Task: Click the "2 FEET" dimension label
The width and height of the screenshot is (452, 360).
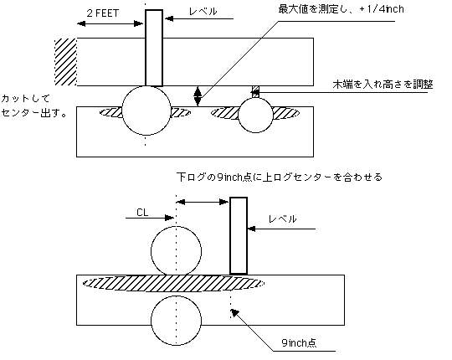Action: pos(103,13)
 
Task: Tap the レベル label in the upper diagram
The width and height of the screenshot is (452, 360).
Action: pos(203,12)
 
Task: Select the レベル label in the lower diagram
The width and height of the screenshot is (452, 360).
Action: pos(283,219)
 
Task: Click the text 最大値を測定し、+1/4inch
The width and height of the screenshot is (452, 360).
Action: pos(341,9)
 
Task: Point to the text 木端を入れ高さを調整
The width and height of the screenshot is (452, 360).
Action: pos(383,85)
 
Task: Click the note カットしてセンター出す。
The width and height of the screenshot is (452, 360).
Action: pos(34,105)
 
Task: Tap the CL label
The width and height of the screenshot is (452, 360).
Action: pos(142,213)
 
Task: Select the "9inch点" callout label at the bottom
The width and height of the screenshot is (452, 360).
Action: pos(299,342)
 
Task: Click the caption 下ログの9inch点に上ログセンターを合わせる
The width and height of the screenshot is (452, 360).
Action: pos(279,177)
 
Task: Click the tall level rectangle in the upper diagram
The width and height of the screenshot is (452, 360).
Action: pos(154,48)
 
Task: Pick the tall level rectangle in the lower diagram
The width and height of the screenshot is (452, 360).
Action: pos(239,235)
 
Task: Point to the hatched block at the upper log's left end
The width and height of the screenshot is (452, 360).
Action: pos(66,62)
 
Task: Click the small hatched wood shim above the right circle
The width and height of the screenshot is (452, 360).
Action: pos(255,91)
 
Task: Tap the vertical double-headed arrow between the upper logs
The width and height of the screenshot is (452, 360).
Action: pos(198,96)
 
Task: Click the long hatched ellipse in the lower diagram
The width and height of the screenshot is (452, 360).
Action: pos(173,283)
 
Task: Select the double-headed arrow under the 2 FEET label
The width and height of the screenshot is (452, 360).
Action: pos(110,23)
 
